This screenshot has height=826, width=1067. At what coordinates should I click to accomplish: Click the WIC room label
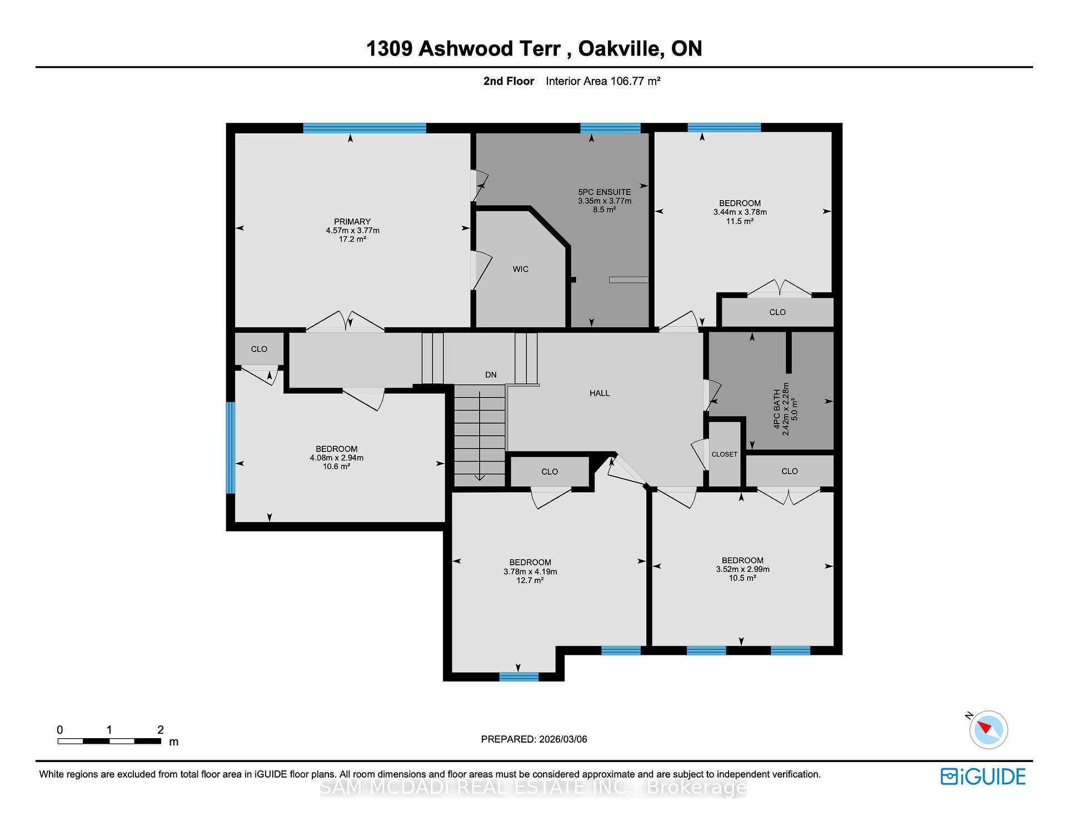click(x=520, y=269)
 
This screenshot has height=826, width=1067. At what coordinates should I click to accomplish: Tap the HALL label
click(x=600, y=393)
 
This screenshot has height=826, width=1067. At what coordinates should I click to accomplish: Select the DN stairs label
click(x=491, y=375)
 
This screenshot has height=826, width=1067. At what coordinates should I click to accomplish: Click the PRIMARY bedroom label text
click(x=352, y=221)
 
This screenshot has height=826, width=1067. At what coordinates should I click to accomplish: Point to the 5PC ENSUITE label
click(x=604, y=192)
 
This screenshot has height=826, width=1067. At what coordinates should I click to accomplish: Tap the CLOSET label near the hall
click(x=724, y=454)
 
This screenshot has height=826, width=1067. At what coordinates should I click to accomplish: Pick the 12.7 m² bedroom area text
click(x=530, y=580)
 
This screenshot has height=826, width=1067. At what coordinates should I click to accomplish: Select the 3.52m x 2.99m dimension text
click(x=742, y=569)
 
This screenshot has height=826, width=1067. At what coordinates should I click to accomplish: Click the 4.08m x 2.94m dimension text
click(x=336, y=458)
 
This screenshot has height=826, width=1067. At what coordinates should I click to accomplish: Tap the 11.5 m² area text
click(x=740, y=221)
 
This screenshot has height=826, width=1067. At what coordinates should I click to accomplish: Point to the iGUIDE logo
click(x=983, y=777)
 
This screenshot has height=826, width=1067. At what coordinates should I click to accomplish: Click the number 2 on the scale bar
click(x=161, y=730)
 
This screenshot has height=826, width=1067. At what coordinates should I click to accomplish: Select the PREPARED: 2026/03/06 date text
click(x=533, y=739)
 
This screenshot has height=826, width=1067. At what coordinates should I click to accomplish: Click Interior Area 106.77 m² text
click(x=603, y=81)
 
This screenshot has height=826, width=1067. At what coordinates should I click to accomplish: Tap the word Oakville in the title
click(x=620, y=48)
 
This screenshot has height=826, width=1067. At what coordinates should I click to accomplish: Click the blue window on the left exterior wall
click(x=231, y=447)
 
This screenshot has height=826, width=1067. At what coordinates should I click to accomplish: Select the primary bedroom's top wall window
click(x=365, y=128)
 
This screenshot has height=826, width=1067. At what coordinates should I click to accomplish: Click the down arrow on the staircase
click(x=479, y=476)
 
